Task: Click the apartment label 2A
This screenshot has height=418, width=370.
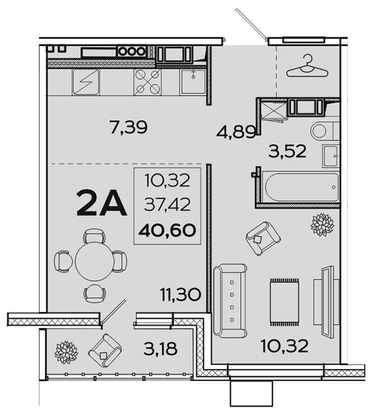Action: point(101,203)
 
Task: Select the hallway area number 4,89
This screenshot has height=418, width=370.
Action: point(236,132)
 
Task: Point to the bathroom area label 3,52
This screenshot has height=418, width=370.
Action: point(287,151)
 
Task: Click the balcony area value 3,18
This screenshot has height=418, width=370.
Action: point(160,349)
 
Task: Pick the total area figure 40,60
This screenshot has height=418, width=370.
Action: point(167,231)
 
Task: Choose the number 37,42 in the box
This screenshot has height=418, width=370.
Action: point(167,205)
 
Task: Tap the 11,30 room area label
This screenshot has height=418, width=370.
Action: point(180,295)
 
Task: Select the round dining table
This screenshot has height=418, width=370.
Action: point(95,261)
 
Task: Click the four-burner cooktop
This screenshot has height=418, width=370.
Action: point(147,82)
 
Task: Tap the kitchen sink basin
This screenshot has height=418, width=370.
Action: point(193,82)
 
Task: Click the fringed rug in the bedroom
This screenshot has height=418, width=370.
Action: point(284,302)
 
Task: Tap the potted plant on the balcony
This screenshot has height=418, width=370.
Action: point(66,353)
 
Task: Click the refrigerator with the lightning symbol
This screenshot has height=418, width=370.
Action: point(86,82)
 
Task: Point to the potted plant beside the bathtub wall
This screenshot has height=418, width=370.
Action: point(322,225)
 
